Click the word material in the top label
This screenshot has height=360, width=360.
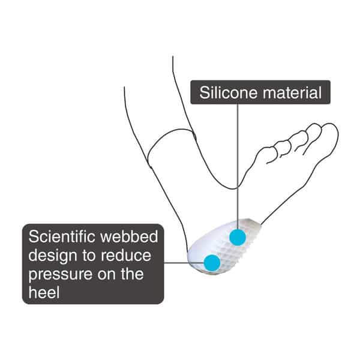(x=292, y=92)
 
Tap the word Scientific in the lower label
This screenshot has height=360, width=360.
(x=62, y=236)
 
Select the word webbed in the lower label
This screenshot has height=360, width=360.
(x=130, y=236)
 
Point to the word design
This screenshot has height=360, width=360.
(x=53, y=256)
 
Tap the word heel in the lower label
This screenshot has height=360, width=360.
(x=44, y=292)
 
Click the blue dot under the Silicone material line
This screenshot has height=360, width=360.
(x=238, y=238)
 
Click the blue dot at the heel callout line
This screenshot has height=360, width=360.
(x=212, y=262)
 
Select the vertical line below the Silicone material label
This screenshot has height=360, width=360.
(x=238, y=166)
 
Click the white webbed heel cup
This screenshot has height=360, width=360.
(x=224, y=245)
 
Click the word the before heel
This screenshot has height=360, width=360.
(x=132, y=274)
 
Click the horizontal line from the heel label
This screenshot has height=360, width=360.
(x=184, y=263)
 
